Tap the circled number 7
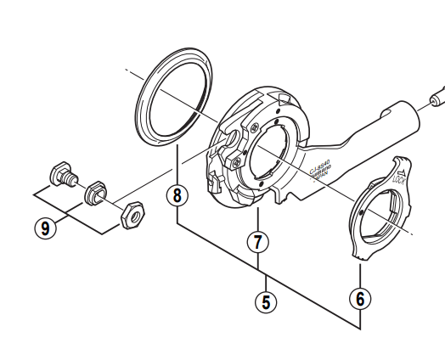(x=257, y=242)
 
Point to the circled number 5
(x=267, y=300)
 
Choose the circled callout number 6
(x=360, y=299)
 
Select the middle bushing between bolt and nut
(x=93, y=194)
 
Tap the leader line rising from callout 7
(x=257, y=217)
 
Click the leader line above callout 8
(x=177, y=166)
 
